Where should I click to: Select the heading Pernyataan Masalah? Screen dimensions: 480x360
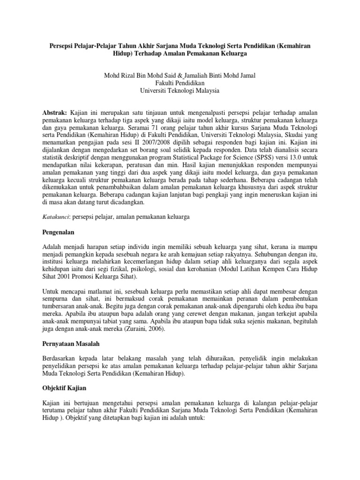pos(71,344)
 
